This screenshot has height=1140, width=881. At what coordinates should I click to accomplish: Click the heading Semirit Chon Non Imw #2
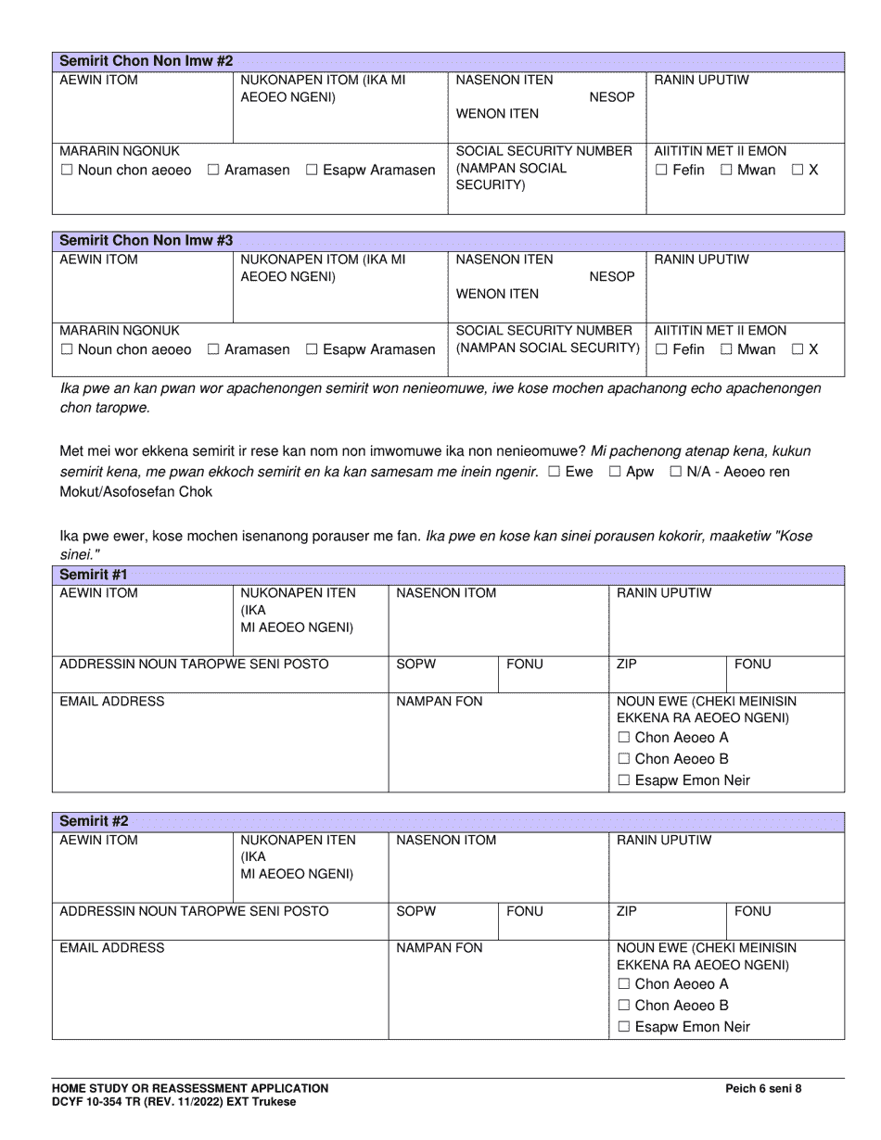point(146,61)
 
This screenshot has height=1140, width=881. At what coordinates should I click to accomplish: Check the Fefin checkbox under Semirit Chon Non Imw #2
point(661,171)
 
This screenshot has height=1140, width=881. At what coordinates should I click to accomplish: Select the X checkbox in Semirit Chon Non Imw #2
point(798,171)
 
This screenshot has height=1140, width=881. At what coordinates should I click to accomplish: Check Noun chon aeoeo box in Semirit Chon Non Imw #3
point(66,350)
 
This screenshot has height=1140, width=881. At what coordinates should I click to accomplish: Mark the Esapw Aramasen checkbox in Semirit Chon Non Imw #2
point(312,171)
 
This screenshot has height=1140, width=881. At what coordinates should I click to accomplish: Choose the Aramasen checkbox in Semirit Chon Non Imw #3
point(213,350)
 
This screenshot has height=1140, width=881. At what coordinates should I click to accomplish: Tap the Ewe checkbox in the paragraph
point(554,472)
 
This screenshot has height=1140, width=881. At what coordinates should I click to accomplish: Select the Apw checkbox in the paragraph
point(614,472)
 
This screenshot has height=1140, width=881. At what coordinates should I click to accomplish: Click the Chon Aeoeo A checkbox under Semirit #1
point(623,739)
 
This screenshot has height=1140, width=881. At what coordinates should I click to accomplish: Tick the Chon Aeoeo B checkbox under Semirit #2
point(623,1006)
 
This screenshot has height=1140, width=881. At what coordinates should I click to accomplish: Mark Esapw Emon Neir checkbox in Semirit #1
point(623,780)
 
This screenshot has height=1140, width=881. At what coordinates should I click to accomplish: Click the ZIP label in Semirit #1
point(627,665)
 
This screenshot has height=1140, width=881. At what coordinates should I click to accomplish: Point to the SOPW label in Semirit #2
point(415,911)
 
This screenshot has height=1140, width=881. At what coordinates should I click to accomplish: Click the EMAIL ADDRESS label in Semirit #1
point(112,702)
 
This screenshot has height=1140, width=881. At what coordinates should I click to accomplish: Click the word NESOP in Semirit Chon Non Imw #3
point(612,277)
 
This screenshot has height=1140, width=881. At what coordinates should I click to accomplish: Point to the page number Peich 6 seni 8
point(763,1089)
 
